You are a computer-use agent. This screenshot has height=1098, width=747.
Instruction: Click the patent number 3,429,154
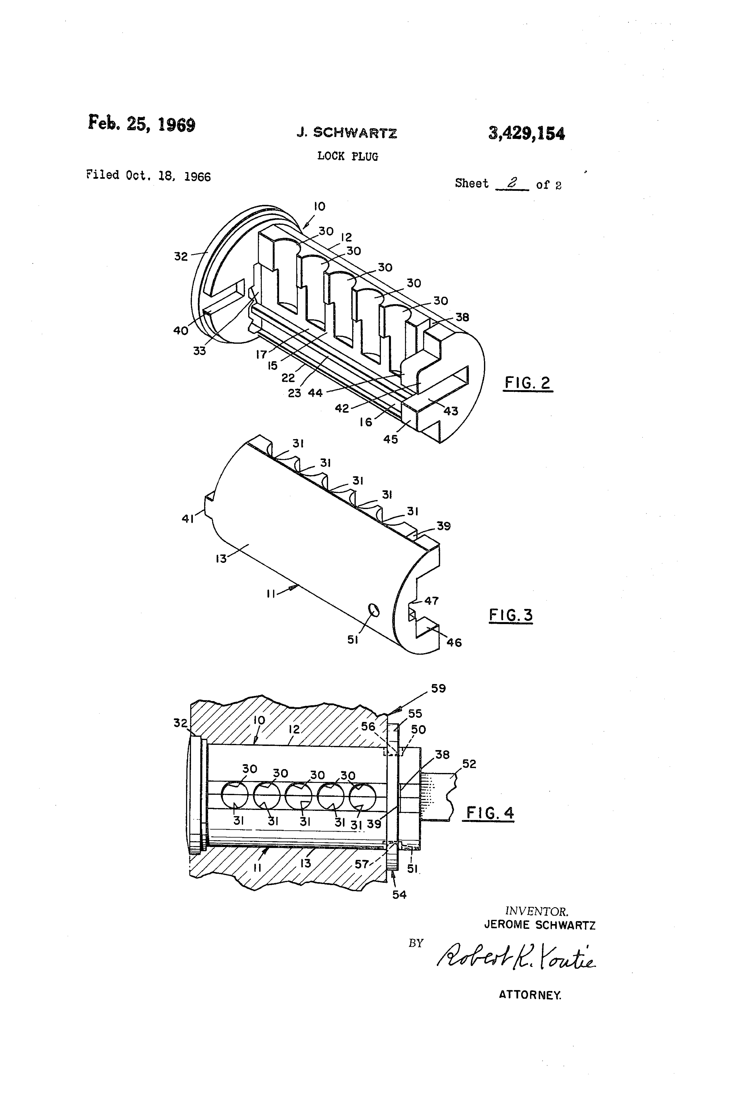coord(526,134)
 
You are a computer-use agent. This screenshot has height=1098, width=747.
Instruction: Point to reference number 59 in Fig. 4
coord(438,688)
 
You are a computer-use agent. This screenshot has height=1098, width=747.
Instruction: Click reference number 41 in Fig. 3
coord(188,519)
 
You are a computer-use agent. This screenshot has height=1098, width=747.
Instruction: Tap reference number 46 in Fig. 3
coord(454,642)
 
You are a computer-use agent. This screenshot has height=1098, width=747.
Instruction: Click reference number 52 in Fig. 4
coord(469,764)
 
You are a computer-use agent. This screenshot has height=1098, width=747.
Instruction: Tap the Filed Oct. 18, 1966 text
coord(148,176)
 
